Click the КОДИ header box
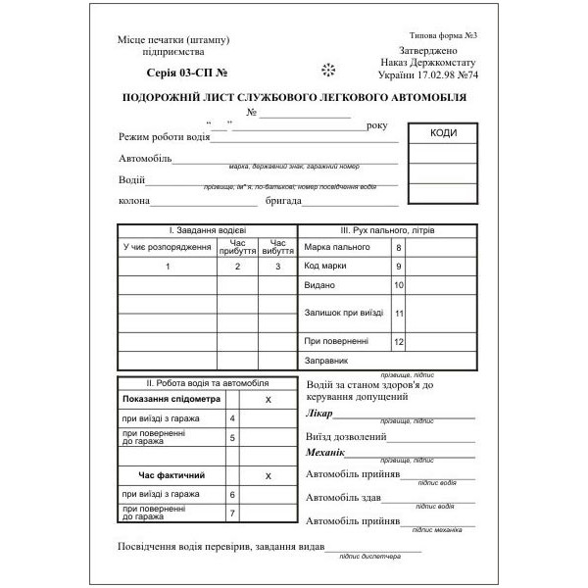pyautogui.click(x=443, y=133)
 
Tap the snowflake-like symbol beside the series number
pyautogui.click(x=328, y=70)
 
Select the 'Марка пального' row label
pyautogui.click(x=336, y=247)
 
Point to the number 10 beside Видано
pyautogui.click(x=399, y=285)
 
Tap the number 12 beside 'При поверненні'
pyautogui.click(x=399, y=341)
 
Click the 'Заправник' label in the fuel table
pyautogui.click(x=327, y=362)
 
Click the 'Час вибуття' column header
pyautogui.click(x=277, y=247)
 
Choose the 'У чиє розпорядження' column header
pyautogui.click(x=168, y=247)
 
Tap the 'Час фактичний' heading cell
pyautogui.click(x=170, y=475)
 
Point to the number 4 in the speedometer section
pyautogui.click(x=232, y=418)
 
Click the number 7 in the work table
pyautogui.click(x=232, y=513)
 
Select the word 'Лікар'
pyautogui.click(x=319, y=414)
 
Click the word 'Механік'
pyautogui.click(x=327, y=452)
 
